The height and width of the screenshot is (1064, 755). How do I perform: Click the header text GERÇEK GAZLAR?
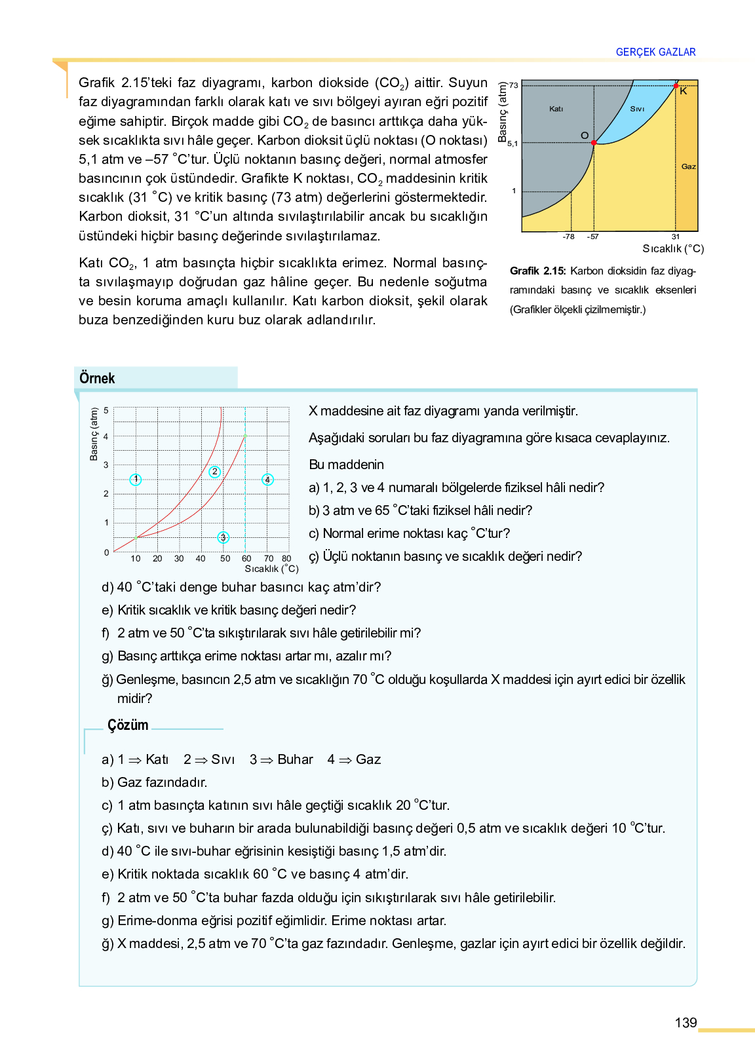pyautogui.click(x=655, y=52)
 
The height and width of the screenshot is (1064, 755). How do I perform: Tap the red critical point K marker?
pyautogui.click(x=676, y=86)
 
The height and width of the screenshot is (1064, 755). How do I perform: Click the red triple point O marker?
pyautogui.click(x=594, y=142)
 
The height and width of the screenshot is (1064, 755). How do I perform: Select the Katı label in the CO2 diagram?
pyautogui.click(x=556, y=109)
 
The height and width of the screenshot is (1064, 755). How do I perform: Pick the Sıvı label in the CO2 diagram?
pyautogui.click(x=637, y=109)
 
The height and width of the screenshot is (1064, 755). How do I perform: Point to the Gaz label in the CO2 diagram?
pyautogui.click(x=688, y=166)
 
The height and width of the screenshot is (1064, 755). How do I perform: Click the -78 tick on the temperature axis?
pyautogui.click(x=569, y=237)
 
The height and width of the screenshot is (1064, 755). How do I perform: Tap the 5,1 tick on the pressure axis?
pyautogui.click(x=513, y=143)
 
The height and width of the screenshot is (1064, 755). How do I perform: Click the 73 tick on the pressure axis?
pyautogui.click(x=514, y=85)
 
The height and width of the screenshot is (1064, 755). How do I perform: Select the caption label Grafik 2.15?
pyautogui.click(x=537, y=271)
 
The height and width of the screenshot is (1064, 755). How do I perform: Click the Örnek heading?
pyautogui.click(x=97, y=378)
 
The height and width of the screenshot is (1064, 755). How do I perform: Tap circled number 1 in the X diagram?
pyautogui.click(x=136, y=480)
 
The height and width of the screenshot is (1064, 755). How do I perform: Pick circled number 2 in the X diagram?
pyautogui.click(x=214, y=472)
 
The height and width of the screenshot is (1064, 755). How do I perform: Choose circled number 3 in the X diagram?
pyautogui.click(x=223, y=537)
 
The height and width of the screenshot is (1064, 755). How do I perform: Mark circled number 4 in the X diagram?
pyautogui.click(x=267, y=480)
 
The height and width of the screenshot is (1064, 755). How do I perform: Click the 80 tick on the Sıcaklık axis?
pyautogui.click(x=286, y=559)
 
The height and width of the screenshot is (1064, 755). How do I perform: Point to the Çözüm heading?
pyautogui.click(x=128, y=725)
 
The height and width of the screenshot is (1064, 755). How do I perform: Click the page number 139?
pyautogui.click(x=686, y=1023)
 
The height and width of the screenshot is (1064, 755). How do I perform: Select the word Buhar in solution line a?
pyautogui.click(x=295, y=759)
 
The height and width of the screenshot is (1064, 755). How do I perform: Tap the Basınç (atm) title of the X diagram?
pyautogui.click(x=94, y=434)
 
